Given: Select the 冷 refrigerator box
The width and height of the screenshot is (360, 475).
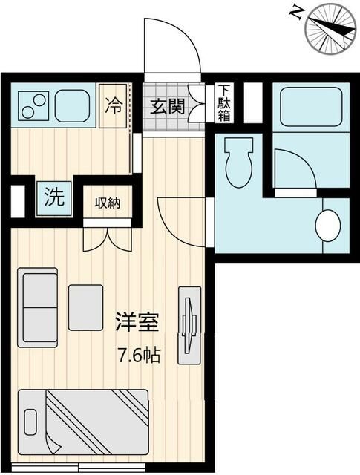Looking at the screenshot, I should pos(114,105).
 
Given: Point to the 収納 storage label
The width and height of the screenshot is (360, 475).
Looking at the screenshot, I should pos(108,202).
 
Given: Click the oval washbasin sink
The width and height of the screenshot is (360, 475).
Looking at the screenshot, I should pos(327,225).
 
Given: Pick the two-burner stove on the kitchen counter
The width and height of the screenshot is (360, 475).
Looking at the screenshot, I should pos(33,107).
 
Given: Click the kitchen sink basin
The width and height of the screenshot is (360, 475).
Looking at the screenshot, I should pos(73,105).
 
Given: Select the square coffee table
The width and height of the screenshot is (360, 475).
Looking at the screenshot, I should pos(85,307).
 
